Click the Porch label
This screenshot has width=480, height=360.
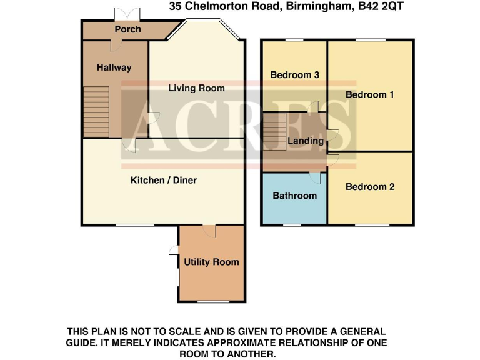coord(127,29)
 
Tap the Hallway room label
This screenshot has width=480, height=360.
coord(114,67)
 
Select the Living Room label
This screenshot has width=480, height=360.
coord(196,88)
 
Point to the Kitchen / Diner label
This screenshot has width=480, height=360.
coord(163,180)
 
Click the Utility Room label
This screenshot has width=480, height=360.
coord(211,262)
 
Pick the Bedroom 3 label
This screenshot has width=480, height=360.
coord(295,75)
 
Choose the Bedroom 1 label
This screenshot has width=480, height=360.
coord(370,94)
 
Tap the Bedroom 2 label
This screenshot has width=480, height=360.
coord(370,186)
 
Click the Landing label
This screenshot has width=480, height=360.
coord(306,141)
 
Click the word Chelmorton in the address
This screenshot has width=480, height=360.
coord(216,8)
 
